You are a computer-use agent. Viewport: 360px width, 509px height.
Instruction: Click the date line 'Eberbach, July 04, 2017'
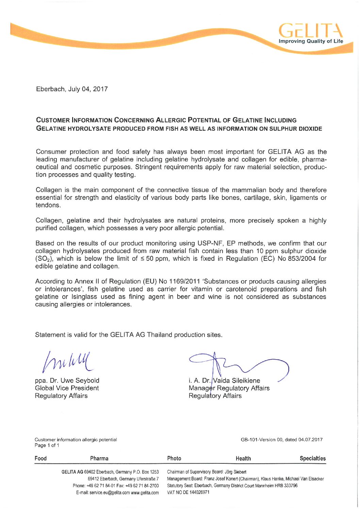[72, 89]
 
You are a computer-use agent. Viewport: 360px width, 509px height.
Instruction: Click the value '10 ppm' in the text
[268, 251]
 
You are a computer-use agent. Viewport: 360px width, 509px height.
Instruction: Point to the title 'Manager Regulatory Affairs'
[229, 388]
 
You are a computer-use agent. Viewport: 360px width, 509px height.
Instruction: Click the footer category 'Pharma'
[99, 458]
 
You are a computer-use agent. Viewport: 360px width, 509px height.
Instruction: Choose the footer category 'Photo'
[174, 458]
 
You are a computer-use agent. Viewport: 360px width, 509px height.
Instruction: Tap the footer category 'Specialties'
[312, 458]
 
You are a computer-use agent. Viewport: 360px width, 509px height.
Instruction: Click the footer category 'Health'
[243, 459]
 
